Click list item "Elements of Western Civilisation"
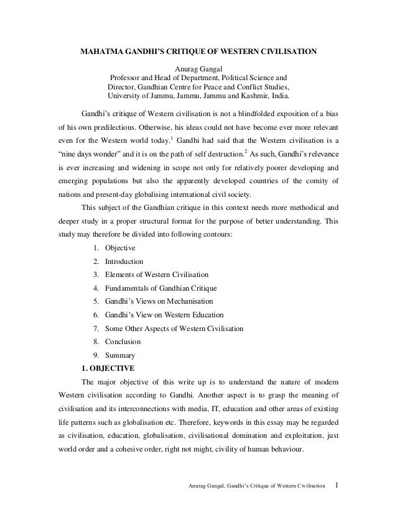(156, 275)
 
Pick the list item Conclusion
(123, 341)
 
